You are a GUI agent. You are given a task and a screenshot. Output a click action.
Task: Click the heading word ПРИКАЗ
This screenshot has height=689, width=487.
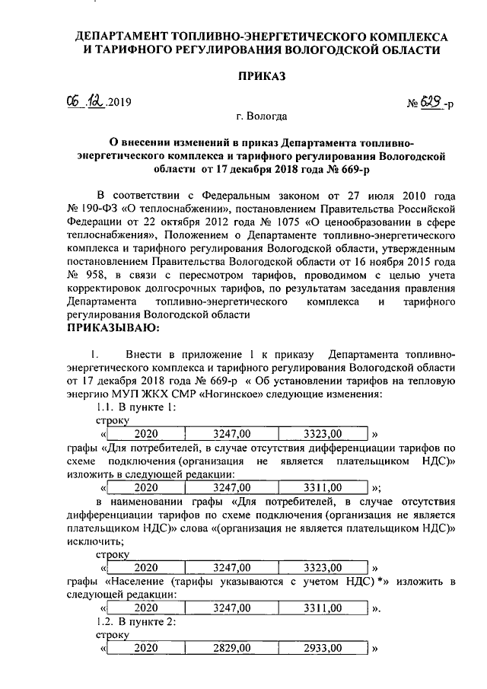pyautogui.click(x=263, y=76)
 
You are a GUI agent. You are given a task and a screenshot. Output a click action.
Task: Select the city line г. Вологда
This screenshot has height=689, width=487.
pyautogui.click(x=262, y=116)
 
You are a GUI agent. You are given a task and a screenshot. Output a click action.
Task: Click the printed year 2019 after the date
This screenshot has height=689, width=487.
pyautogui.click(x=120, y=102)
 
